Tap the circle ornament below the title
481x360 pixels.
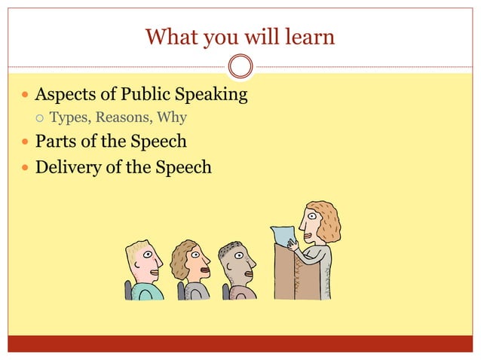[x=240, y=66]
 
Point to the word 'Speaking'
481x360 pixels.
[x=213, y=96]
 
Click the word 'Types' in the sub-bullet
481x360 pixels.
[x=69, y=118]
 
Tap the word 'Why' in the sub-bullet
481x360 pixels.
[x=172, y=118]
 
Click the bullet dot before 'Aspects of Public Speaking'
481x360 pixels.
[x=26, y=96]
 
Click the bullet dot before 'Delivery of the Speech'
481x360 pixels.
[x=26, y=167]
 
